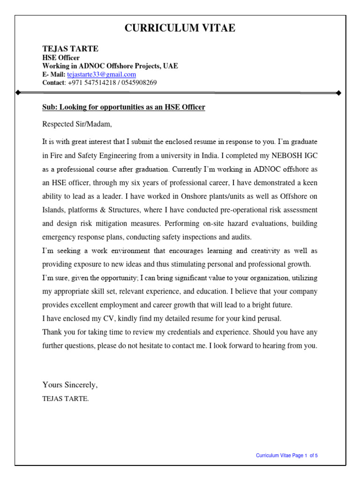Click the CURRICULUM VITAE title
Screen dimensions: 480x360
(x=180, y=28)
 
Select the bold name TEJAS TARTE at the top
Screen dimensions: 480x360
(x=70, y=49)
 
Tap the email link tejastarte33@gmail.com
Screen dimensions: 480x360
(x=101, y=75)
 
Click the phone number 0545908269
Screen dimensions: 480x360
(x=140, y=82)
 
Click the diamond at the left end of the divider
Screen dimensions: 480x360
(x=18, y=93)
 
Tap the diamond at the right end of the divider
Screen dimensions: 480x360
(x=338, y=93)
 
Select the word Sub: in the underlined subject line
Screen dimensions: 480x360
(x=49, y=107)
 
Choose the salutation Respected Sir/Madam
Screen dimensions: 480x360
(x=77, y=124)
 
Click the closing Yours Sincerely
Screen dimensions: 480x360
(x=70, y=385)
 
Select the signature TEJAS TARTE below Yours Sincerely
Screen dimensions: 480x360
(x=65, y=399)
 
